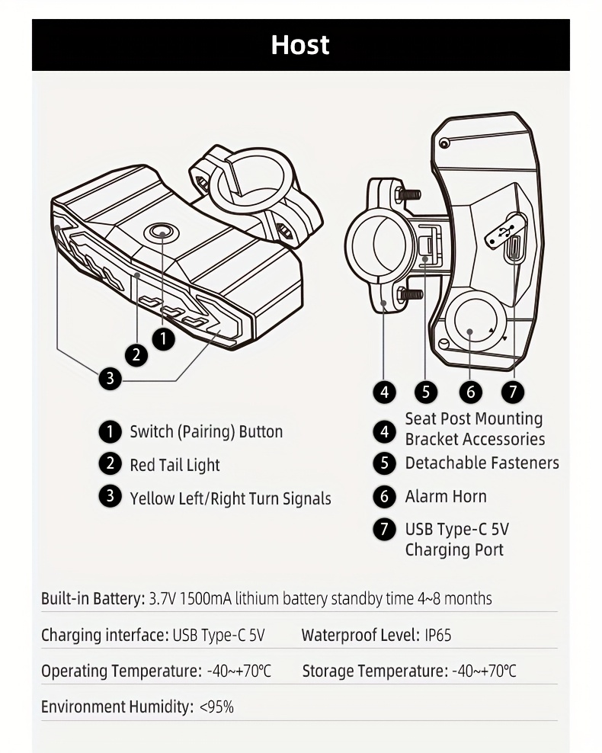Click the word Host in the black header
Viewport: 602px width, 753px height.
(x=300, y=45)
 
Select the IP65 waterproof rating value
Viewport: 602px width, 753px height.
(x=438, y=636)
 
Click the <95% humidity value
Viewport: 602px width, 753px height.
(x=216, y=707)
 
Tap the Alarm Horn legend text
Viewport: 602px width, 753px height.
(x=446, y=497)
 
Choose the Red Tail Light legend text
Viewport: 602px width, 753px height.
(x=175, y=465)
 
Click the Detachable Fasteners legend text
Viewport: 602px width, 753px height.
(x=482, y=463)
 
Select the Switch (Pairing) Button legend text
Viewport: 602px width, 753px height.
(x=206, y=432)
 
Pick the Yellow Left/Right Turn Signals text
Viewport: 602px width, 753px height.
(x=230, y=499)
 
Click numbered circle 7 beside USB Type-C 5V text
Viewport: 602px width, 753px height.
(x=385, y=529)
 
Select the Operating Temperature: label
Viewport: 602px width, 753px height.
(x=121, y=671)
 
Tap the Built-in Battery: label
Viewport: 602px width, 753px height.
(x=92, y=599)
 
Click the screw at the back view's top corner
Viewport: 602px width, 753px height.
(x=444, y=143)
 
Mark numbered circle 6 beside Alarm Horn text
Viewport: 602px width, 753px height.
(x=385, y=497)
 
